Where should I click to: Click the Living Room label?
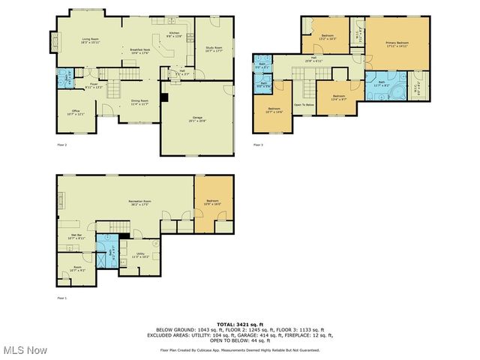coord(91,40)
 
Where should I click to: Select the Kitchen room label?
coord(174,34)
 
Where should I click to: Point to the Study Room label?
coord(214,49)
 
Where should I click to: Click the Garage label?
coord(198,118)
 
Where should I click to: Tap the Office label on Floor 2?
coord(75,112)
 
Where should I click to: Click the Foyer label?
coord(94,85)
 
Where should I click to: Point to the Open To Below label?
coord(303,104)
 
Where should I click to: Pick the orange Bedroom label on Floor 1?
coord(213,202)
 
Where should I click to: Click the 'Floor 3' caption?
coord(258,144)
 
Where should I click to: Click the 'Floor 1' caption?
coord(61,298)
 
